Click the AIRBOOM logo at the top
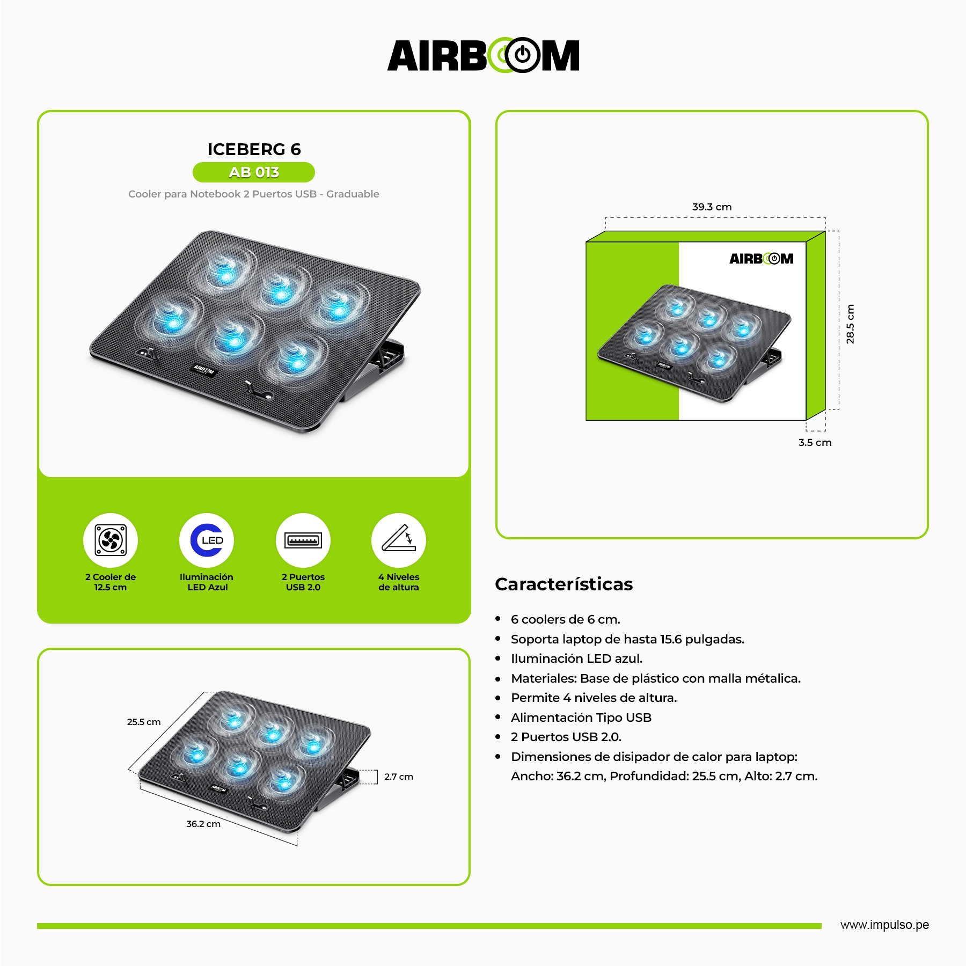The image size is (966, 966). (x=483, y=55)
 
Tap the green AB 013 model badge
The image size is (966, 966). (x=254, y=172)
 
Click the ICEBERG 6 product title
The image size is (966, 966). (x=254, y=149)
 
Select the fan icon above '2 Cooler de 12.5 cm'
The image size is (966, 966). (x=111, y=540)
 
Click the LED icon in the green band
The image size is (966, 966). (x=207, y=540)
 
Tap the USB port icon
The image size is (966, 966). (x=303, y=540)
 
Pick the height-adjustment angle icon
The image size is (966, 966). (x=399, y=540)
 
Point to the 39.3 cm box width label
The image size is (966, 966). (x=712, y=207)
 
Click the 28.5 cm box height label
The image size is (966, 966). (x=850, y=324)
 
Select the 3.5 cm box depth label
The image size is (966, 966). (x=815, y=442)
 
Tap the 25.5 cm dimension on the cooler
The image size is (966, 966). (x=144, y=722)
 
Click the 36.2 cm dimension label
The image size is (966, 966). (x=203, y=824)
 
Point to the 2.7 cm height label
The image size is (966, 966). (x=399, y=777)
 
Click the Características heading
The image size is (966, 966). (x=564, y=584)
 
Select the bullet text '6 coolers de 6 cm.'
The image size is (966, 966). (x=566, y=619)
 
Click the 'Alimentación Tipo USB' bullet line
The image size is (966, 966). (x=581, y=718)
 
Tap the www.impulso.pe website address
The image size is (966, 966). (x=884, y=925)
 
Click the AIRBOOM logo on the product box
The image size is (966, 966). (x=761, y=259)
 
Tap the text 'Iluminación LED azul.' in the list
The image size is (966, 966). (x=577, y=658)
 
